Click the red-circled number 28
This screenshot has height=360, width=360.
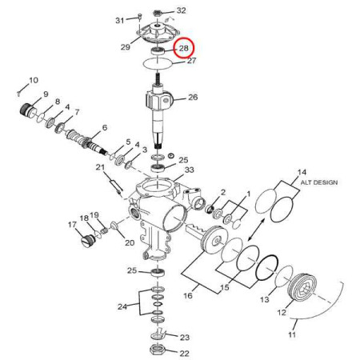pyautogui.click(x=184, y=48)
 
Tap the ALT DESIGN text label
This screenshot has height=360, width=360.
pyautogui.click(x=319, y=182)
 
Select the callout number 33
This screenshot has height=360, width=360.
pyautogui.click(x=189, y=170)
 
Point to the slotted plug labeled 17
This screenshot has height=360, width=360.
pyautogui.click(x=87, y=240)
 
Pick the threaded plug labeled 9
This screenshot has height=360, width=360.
pyautogui.click(x=28, y=110)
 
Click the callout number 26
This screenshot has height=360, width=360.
pyautogui.click(x=193, y=97)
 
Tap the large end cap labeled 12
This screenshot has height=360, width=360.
pyautogui.click(x=302, y=287)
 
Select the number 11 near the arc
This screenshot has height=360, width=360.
pyautogui.click(x=292, y=334)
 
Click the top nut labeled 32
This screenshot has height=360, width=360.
pyautogui.click(x=158, y=13)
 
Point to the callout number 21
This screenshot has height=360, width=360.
pyautogui.click(x=100, y=167)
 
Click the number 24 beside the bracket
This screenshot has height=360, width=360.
pyautogui.click(x=122, y=306)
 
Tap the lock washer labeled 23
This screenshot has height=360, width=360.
pyautogui.click(x=158, y=334)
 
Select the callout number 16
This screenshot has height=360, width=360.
pyautogui.click(x=188, y=295)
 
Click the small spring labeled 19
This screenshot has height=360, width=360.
pyautogui.click(x=105, y=230)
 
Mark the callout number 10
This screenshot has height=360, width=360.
pyautogui.click(x=34, y=80)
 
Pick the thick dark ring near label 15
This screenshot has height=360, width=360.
pyautogui.click(x=267, y=268)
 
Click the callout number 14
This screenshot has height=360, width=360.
pyautogui.click(x=302, y=173)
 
